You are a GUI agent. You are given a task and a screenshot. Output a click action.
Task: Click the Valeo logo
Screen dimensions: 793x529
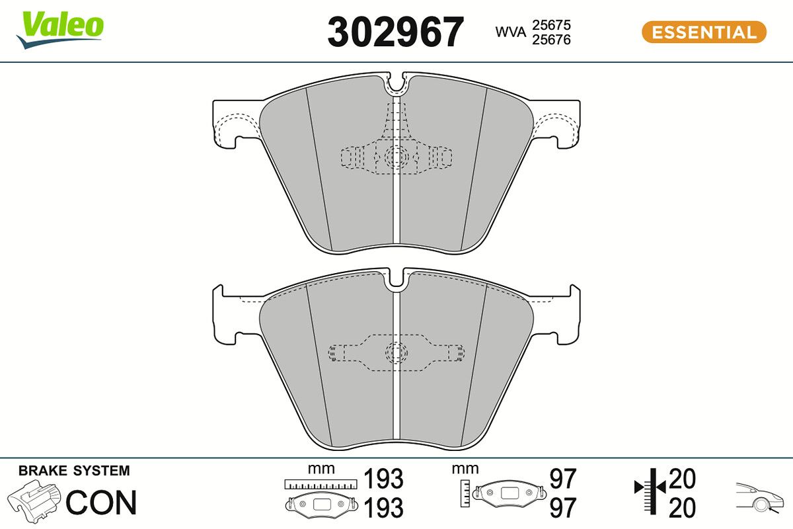[60, 30]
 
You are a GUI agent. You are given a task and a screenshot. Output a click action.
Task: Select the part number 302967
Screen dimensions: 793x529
[395, 32]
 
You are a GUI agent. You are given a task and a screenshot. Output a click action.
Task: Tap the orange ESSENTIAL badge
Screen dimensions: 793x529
[704, 32]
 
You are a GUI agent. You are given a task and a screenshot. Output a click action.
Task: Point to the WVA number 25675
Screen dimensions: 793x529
[551, 25]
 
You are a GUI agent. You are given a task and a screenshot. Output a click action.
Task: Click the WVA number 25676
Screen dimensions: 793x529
[551, 40]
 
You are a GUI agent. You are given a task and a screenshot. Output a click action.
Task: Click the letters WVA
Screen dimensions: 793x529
[510, 32]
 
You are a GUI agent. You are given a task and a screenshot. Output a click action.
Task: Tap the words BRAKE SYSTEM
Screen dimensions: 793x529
[74, 471]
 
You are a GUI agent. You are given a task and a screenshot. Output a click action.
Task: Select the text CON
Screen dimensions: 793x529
[101, 502]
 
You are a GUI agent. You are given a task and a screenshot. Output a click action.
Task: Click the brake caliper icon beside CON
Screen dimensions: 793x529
[34, 501]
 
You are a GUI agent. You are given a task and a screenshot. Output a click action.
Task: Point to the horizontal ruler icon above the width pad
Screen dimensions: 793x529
[321, 484]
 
